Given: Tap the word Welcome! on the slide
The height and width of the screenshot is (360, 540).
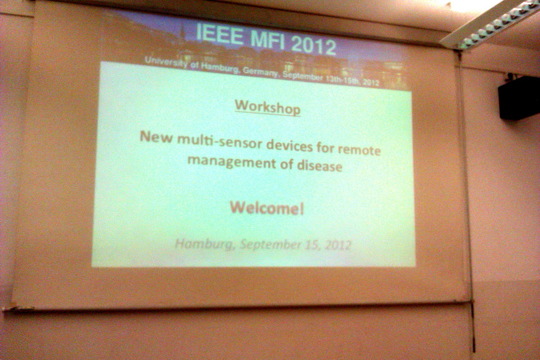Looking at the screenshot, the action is [x=267, y=208].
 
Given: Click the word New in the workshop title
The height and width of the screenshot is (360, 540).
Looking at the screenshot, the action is [x=156, y=137].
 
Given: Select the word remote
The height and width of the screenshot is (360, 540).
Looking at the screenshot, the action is [x=359, y=150].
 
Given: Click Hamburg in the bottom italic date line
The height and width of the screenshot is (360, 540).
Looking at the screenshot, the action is [x=204, y=244].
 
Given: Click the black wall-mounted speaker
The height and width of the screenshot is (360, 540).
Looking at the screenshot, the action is [x=518, y=98].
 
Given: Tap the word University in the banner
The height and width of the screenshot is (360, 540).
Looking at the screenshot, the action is [x=166, y=62].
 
